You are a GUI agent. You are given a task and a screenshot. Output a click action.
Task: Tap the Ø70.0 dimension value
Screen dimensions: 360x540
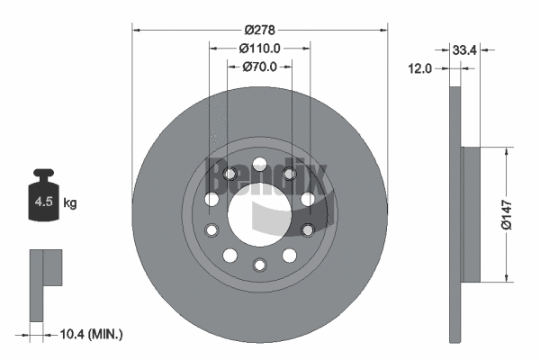pyautogui.click(x=260, y=66)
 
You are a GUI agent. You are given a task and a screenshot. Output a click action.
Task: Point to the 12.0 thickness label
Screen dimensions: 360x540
pyautogui.click(x=420, y=67)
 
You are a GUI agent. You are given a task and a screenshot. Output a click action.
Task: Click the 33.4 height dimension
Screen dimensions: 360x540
pyautogui.click(x=465, y=49)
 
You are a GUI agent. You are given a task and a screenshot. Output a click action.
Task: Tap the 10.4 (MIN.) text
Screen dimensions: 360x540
pyautogui.click(x=90, y=335)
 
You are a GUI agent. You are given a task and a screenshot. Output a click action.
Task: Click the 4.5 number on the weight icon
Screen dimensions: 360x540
pyautogui.click(x=43, y=202)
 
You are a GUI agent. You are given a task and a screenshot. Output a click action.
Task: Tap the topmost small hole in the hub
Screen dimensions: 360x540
pyautogui.click(x=260, y=164)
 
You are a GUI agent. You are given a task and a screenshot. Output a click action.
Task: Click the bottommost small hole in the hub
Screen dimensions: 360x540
pyautogui.click(x=260, y=265)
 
